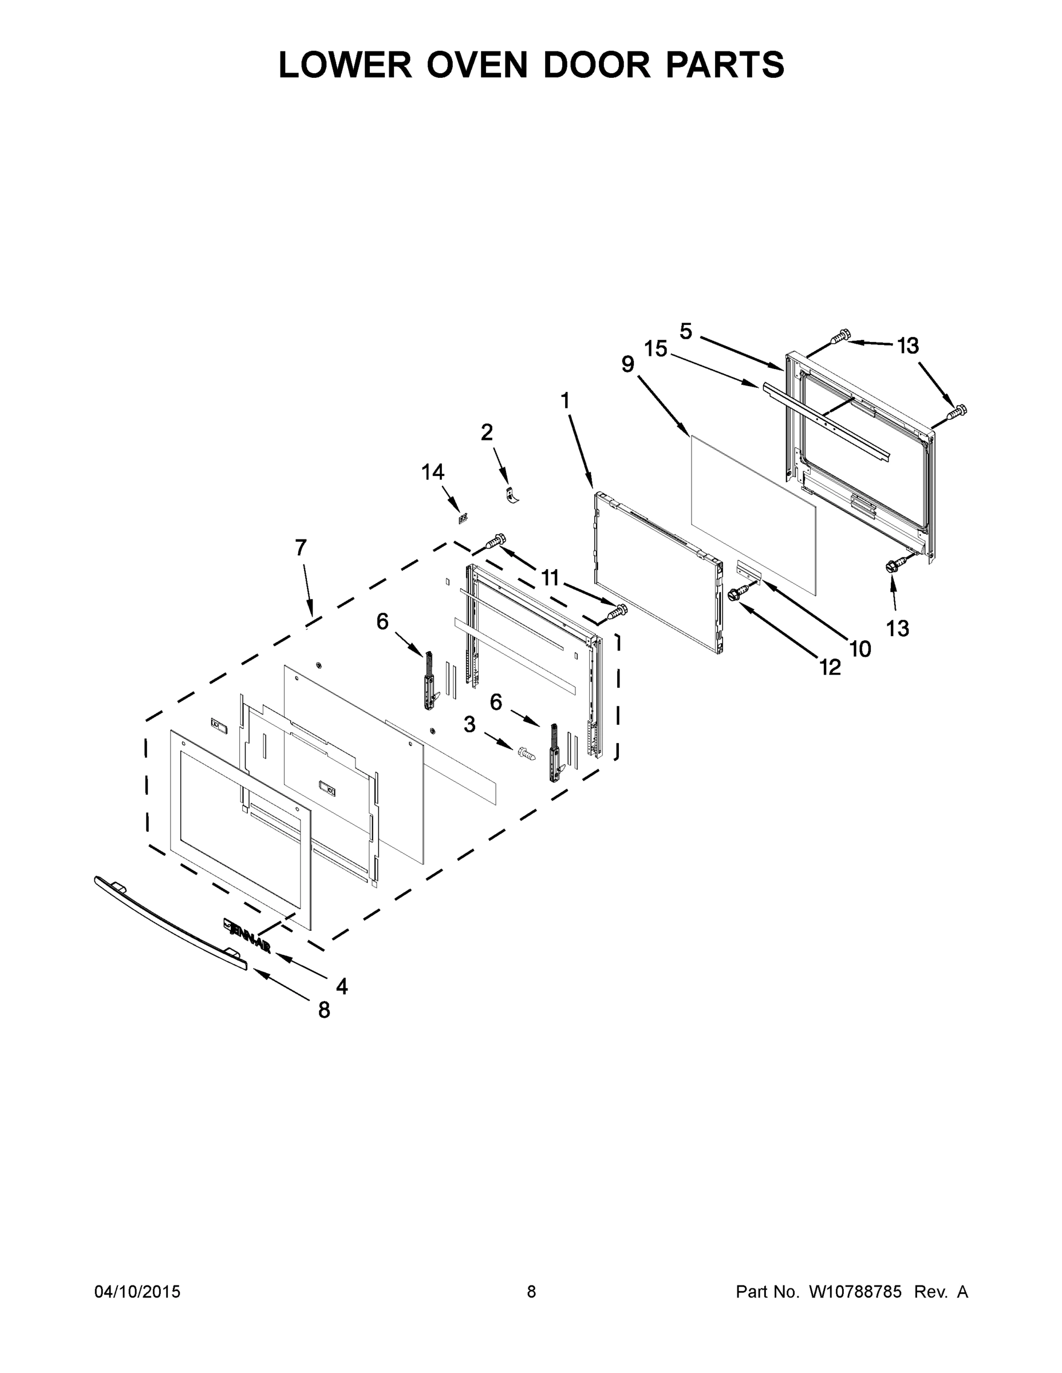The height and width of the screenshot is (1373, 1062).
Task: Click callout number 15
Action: pos(656,348)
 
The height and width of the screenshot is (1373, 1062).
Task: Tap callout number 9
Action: pos(627,364)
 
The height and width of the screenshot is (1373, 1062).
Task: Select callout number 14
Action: pos(433,471)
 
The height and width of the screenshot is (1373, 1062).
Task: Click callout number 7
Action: pos(301,547)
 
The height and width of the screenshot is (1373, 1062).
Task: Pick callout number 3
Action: pos(469,725)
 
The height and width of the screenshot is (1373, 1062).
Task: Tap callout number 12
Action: pos(831,667)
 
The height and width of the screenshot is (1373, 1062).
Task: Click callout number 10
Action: pos(860,649)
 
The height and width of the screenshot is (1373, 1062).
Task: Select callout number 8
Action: pos(324,1010)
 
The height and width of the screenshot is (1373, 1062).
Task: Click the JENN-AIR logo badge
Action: pos(247,935)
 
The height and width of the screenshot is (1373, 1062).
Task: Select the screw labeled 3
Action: pos(526,752)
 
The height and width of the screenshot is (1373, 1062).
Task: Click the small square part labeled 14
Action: pos(463,518)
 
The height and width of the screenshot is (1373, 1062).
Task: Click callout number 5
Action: pos(686,331)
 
